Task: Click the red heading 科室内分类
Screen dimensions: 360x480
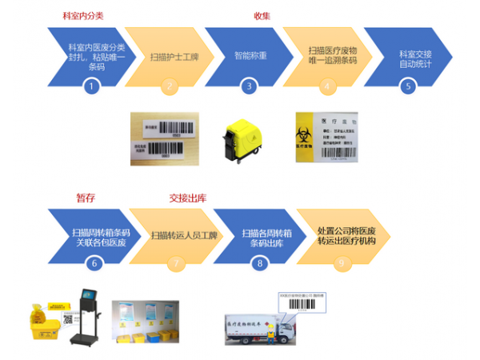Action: point(82,16)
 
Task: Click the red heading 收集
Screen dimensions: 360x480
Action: point(262,16)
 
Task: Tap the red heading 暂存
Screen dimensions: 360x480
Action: point(86,197)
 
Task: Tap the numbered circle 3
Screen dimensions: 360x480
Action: point(249,86)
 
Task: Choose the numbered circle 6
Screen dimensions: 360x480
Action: point(94,262)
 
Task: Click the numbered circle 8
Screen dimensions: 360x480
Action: point(258,262)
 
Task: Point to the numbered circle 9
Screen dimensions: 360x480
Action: point(342,262)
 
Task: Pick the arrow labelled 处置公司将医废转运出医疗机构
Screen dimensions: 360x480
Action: point(339,234)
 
